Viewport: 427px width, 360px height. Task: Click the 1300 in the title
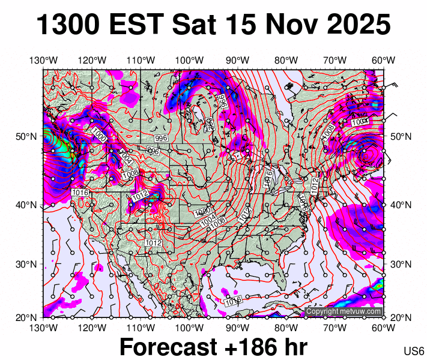tap(67, 25)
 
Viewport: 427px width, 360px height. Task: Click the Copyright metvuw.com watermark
tap(344, 311)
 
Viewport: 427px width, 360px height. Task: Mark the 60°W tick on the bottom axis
tap(383, 328)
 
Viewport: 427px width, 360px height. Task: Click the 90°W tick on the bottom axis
tap(238, 328)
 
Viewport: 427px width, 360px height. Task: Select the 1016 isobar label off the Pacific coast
tap(80, 192)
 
